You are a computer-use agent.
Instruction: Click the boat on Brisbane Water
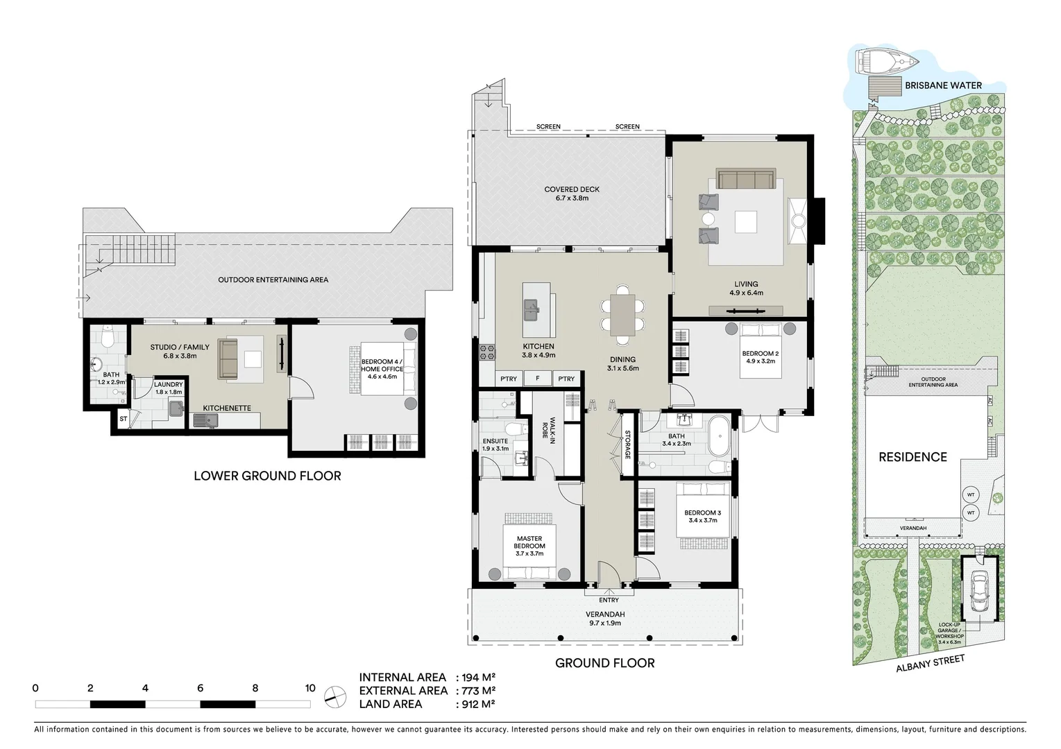(886, 61)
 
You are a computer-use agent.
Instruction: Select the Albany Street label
(930, 663)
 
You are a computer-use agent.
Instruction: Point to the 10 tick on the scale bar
(309, 688)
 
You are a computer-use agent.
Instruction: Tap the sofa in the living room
(745, 179)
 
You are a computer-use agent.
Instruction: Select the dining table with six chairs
(622, 316)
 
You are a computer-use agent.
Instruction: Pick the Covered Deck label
(572, 193)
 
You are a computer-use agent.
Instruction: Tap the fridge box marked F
(537, 379)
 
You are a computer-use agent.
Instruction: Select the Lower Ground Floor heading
(267, 476)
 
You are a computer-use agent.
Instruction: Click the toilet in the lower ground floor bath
(107, 338)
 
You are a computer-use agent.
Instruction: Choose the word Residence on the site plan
(913, 457)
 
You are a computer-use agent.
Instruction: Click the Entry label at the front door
(609, 600)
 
